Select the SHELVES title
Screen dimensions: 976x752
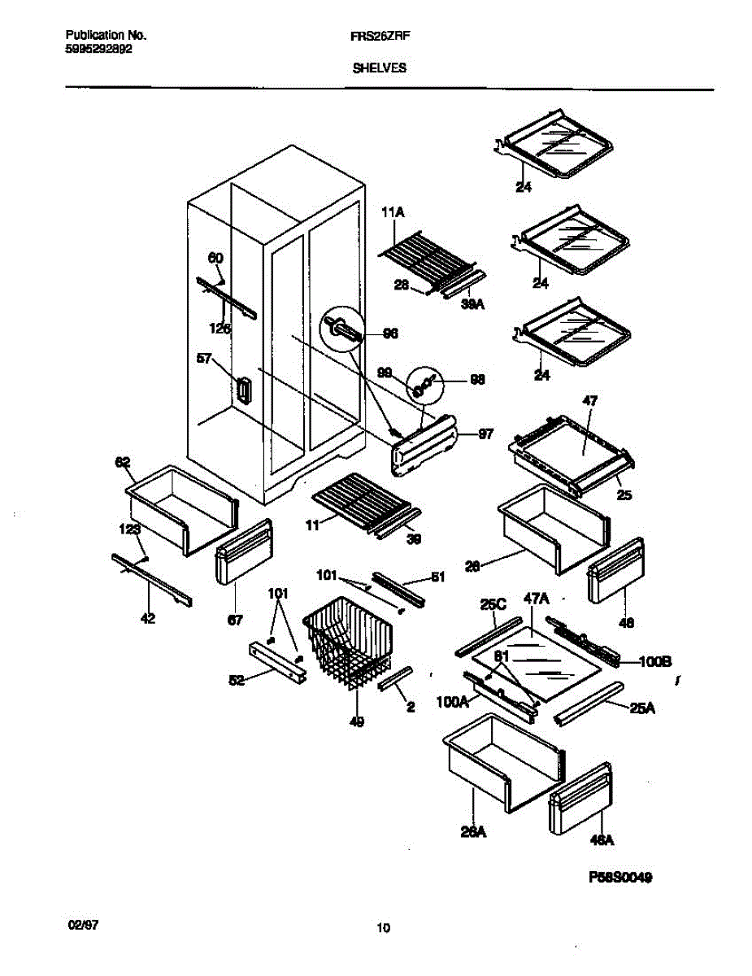coord(380,69)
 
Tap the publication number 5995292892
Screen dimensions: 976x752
coord(98,48)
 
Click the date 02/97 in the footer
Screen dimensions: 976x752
coord(82,926)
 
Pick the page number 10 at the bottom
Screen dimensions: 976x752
coord(384,928)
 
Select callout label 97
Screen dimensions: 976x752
coord(485,434)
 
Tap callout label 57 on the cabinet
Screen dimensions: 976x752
coord(204,357)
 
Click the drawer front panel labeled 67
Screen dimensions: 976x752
coord(243,553)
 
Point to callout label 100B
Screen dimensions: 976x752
coord(654,661)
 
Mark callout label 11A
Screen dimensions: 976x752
coord(393,212)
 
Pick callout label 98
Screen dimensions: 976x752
coord(477,379)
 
